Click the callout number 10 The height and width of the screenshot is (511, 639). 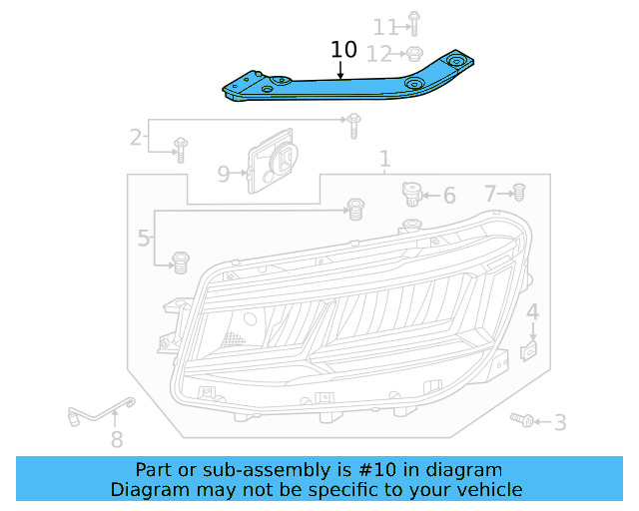click(342, 49)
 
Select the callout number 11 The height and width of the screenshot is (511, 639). click(384, 26)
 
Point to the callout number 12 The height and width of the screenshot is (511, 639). click(384, 53)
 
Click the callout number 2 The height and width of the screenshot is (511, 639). click(135, 137)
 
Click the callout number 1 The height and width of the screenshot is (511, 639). click(384, 160)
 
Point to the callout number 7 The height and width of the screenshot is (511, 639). click(490, 193)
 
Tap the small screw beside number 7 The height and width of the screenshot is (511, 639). click(519, 191)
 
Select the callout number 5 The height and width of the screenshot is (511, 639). click(144, 239)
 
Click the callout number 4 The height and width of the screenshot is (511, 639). click(533, 313)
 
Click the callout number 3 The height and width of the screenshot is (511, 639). click(559, 423)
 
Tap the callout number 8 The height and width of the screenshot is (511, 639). click(117, 438)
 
